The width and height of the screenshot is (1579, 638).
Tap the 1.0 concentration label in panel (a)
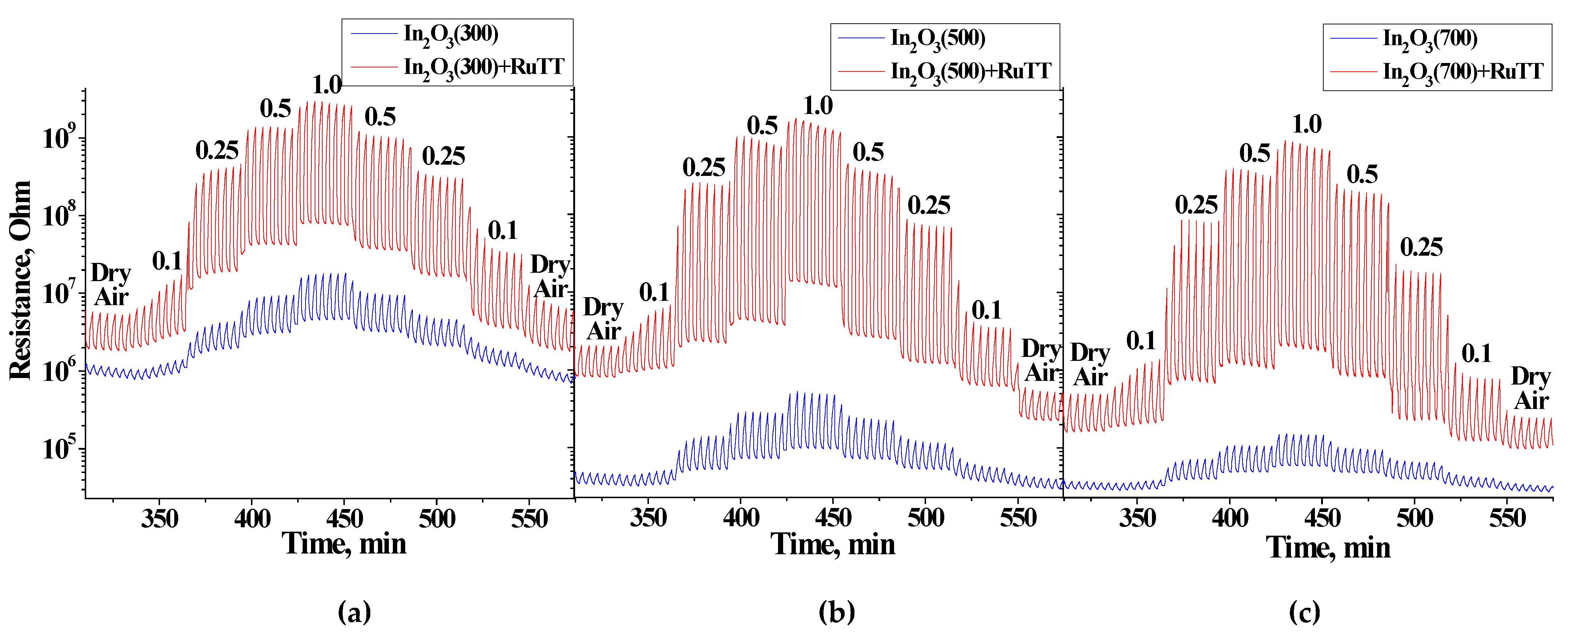pyautogui.click(x=327, y=84)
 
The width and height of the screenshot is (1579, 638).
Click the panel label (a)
pyautogui.click(x=354, y=612)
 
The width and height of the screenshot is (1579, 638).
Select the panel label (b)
pyautogui.click(x=836, y=612)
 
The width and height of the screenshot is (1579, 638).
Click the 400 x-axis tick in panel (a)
pyautogui.click(x=252, y=519)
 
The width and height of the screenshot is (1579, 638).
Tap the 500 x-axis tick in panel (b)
pyautogui.click(x=925, y=519)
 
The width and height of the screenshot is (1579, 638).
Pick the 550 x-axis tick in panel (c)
pyautogui.click(x=1507, y=519)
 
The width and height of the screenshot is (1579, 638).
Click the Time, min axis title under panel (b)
pyautogui.click(x=832, y=544)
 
